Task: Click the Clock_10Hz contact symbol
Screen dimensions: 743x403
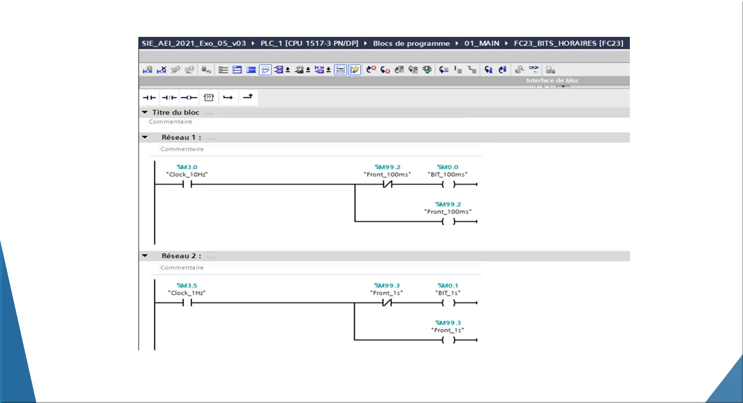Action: click(x=187, y=184)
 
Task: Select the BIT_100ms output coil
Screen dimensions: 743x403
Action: click(x=448, y=184)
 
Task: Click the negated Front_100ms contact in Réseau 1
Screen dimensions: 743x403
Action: click(x=387, y=184)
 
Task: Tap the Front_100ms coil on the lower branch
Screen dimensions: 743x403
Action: click(x=448, y=221)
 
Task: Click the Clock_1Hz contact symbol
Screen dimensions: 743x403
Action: click(x=187, y=303)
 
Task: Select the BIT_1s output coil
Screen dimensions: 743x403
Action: click(x=448, y=303)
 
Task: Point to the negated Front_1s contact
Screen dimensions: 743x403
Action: click(x=387, y=303)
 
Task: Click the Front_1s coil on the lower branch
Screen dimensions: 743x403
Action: click(x=448, y=340)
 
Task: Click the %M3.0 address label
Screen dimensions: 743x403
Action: click(x=187, y=167)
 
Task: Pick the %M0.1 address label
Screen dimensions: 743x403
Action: click(x=448, y=286)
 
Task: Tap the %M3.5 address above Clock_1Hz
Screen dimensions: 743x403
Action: click(x=187, y=286)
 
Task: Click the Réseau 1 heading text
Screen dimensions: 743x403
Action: click(x=181, y=137)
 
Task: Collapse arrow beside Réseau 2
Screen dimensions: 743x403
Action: click(x=145, y=255)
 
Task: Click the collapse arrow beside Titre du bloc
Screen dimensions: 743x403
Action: click(x=145, y=112)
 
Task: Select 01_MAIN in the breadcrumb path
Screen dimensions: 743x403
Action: click(x=482, y=43)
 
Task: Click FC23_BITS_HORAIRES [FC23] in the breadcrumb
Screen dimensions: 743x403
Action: click(x=569, y=43)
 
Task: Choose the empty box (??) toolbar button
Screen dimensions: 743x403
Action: click(x=208, y=97)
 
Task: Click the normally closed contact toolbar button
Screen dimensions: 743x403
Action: click(x=169, y=97)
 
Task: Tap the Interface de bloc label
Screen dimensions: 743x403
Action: click(x=552, y=80)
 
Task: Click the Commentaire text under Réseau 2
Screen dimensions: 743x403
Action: click(x=182, y=268)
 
